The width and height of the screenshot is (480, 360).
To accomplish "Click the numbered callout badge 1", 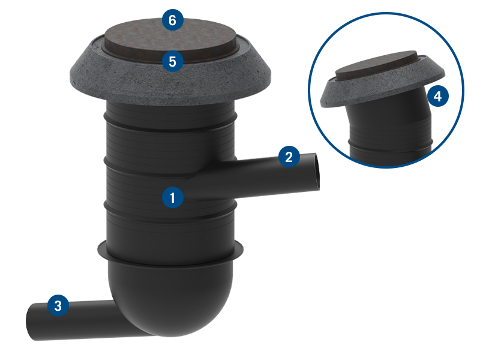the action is click(x=173, y=197).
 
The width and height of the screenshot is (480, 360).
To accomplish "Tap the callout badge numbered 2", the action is click(x=289, y=157).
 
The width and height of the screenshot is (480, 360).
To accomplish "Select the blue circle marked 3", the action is click(x=58, y=305).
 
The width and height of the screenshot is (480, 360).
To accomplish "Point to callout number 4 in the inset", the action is click(x=438, y=96).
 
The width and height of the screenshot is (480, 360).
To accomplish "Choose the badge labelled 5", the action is click(x=173, y=61).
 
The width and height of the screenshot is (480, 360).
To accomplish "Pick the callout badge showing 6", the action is click(x=173, y=20).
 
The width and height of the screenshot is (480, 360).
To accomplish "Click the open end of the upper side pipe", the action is click(x=317, y=172).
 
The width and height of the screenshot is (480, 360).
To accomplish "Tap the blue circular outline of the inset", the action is click(x=386, y=13).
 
